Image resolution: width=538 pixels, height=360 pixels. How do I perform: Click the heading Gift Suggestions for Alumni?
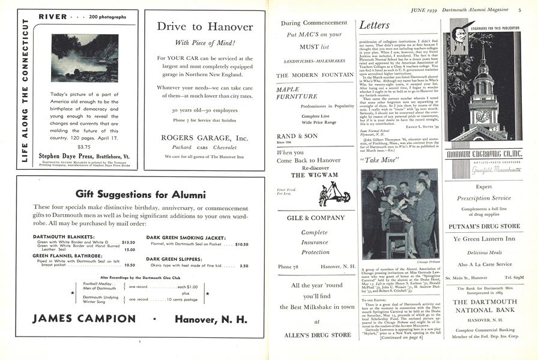pyautogui.click(x=141, y=194)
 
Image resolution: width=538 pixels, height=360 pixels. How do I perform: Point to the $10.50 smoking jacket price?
pyautogui.click(x=241, y=244)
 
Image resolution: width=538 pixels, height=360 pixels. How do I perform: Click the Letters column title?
pyautogui.click(x=375, y=25)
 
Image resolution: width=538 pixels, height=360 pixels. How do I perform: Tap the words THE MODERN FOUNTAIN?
pyautogui.click(x=315, y=76)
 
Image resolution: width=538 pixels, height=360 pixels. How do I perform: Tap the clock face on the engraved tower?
pyautogui.click(x=483, y=116)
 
